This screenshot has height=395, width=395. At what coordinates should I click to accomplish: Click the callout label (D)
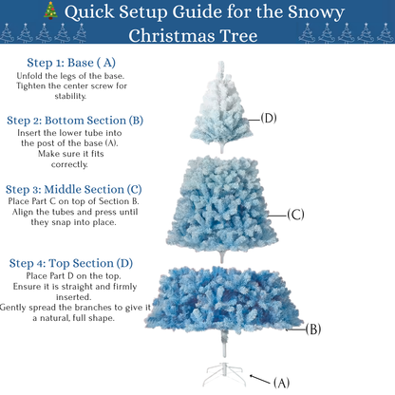(269, 118)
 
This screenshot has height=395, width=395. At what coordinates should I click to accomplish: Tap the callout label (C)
(295, 215)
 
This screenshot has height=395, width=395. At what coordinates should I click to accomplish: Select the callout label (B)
(314, 329)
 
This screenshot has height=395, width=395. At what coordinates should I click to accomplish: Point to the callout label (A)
(281, 383)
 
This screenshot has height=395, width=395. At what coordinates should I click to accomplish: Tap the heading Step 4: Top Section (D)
(71, 261)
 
